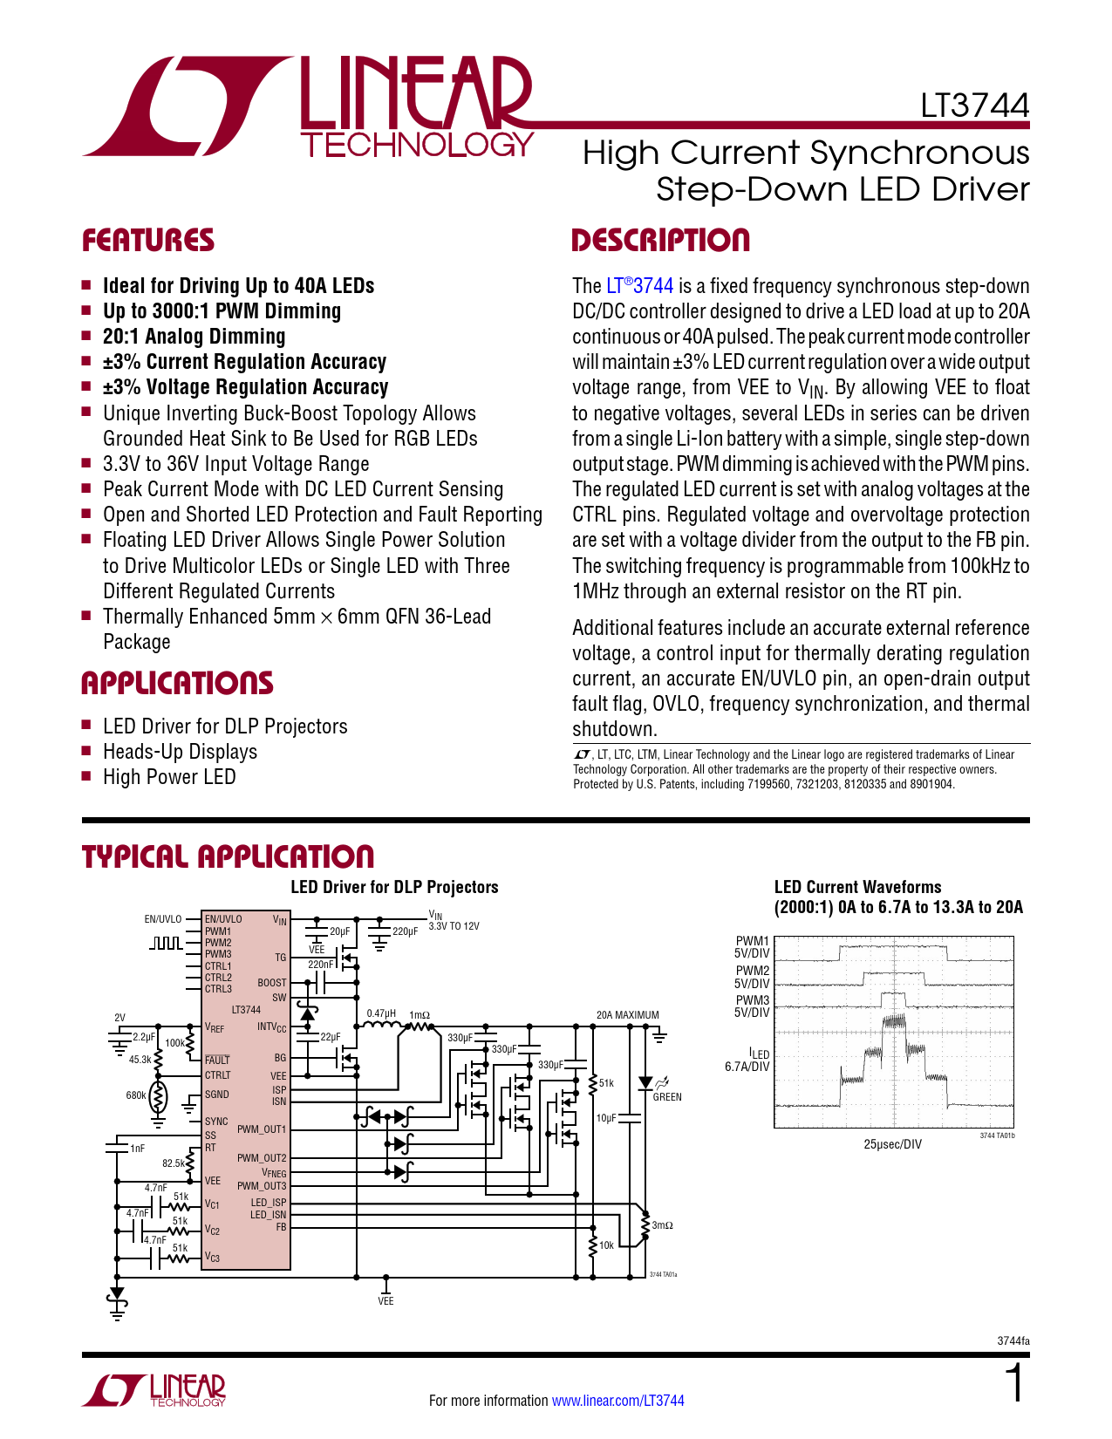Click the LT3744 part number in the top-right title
click(x=974, y=106)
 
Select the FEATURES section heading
click(x=148, y=241)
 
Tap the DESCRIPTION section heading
click(x=660, y=241)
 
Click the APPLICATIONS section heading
click(x=177, y=683)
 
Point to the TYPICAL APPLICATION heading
click(x=228, y=856)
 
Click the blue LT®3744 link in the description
click(x=639, y=286)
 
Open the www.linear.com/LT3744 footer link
click(x=617, y=1401)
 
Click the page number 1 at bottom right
click(x=1015, y=1384)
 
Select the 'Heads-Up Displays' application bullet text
click(x=180, y=752)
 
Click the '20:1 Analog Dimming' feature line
click(x=194, y=337)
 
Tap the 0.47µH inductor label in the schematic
click(x=381, y=1013)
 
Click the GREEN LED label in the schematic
click(x=667, y=1097)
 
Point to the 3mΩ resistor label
click(x=663, y=1225)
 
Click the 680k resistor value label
click(x=136, y=1095)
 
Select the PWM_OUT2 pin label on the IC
click(x=262, y=1158)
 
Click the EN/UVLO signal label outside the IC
click(x=163, y=919)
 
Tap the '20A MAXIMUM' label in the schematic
click(x=627, y=1015)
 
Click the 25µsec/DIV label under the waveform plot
click(x=892, y=1144)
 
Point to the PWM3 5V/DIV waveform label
click(x=752, y=1006)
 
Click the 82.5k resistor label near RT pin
click(x=174, y=1163)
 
